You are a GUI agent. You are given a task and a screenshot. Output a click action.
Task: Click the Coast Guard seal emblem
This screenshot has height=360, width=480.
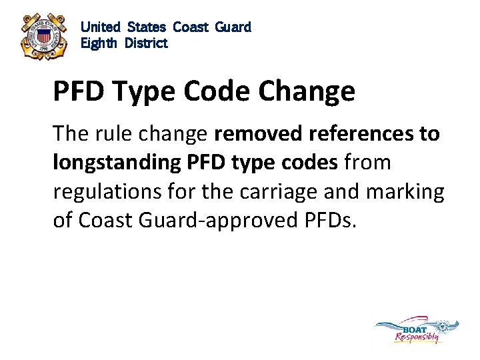point(43,37)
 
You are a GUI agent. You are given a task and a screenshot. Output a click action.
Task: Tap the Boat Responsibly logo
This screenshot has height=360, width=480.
point(417,331)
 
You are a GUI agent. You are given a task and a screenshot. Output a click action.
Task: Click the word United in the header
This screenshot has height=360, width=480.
point(100,27)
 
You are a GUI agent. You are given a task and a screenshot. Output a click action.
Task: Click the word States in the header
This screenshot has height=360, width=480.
point(147,27)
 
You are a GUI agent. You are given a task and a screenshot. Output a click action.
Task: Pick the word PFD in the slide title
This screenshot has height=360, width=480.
point(79,91)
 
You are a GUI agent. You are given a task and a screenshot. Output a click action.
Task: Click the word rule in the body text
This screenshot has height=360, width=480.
point(109,134)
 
